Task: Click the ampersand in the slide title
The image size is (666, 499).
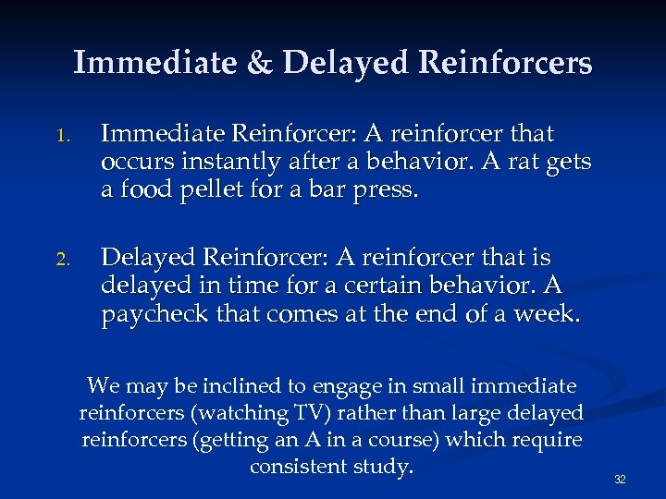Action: [255, 63]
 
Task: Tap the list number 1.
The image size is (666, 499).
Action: [62, 135]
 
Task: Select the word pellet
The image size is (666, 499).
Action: [223, 192]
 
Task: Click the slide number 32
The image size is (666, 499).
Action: [621, 480]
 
